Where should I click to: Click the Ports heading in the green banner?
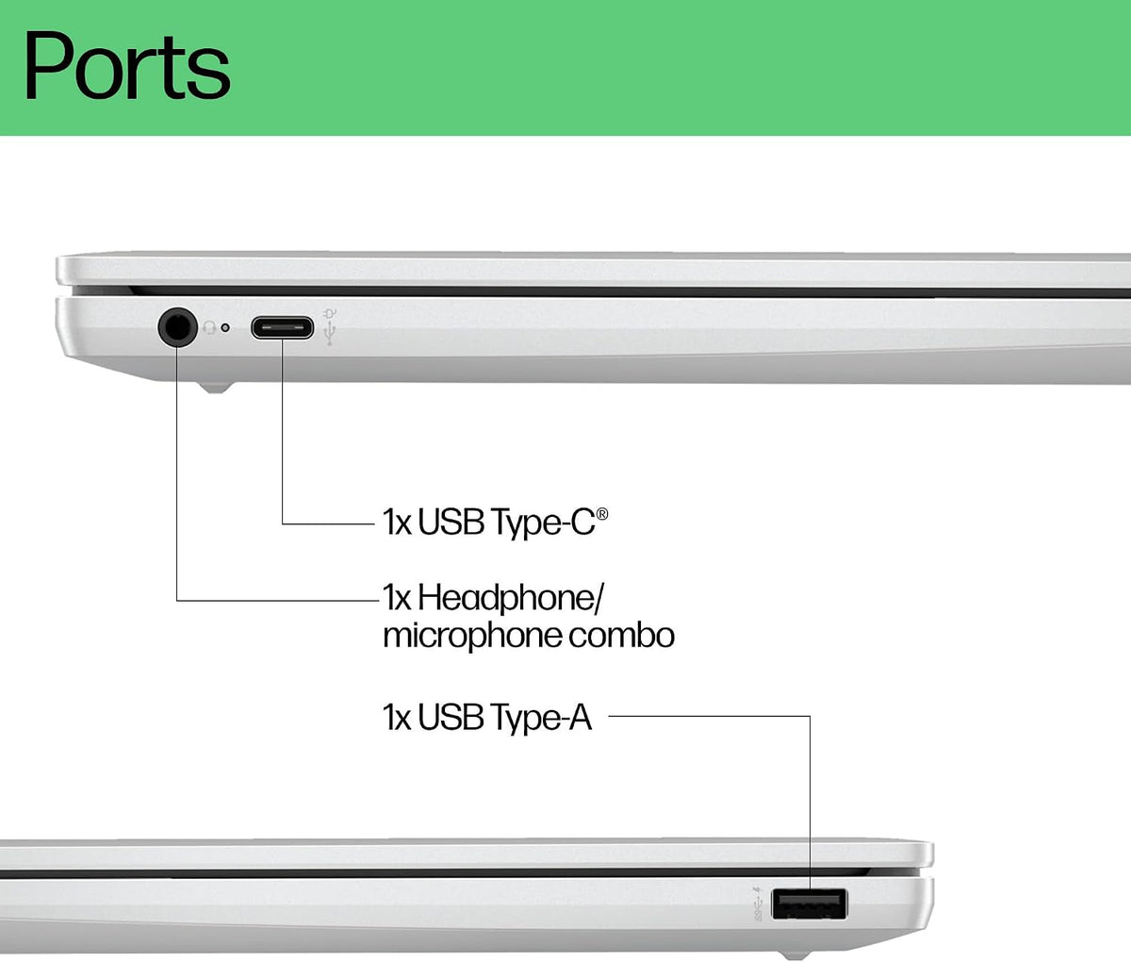tap(126, 67)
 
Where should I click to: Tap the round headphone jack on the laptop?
tap(177, 327)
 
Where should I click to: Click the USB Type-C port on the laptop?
tap(283, 328)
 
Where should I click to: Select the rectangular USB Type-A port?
tap(810, 904)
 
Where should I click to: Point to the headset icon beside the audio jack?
tap(208, 327)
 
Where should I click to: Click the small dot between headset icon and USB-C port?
tap(225, 327)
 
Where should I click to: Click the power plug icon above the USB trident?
tap(329, 314)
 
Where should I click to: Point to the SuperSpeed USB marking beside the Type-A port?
tap(758, 904)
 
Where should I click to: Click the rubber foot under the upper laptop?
tap(216, 388)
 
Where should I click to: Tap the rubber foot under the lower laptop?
tap(795, 955)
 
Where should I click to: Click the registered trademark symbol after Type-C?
tap(602, 514)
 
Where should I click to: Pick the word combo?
tap(622, 634)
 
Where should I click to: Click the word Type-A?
tap(540, 719)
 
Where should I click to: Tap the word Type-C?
tap(542, 522)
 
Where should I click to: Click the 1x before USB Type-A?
tap(397, 718)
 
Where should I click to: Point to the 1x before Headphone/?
tap(397, 597)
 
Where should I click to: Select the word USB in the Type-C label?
tap(451, 522)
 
